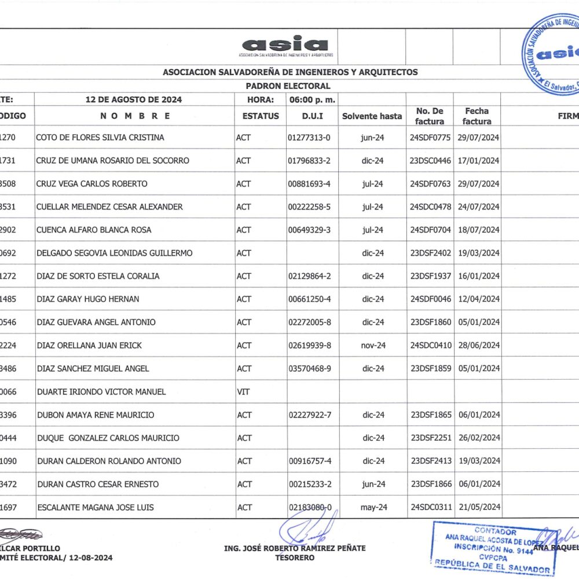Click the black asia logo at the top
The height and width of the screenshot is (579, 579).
coord(286,45)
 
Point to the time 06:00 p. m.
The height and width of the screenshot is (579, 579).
coord(313,100)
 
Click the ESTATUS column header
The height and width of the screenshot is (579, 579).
coord(261,116)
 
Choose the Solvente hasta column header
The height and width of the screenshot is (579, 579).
coord(372,116)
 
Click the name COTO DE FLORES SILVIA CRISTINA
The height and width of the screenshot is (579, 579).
coord(100,137)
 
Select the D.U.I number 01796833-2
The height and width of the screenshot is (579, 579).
coord(309,160)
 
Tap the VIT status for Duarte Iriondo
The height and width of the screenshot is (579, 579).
coord(243,391)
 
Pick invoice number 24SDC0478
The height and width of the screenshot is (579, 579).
coord(430,207)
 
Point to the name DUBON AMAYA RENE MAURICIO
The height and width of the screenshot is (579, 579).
coord(96,415)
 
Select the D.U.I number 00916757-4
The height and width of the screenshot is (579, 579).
coord(309,461)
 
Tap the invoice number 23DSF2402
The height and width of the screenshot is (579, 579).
coord(430,253)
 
